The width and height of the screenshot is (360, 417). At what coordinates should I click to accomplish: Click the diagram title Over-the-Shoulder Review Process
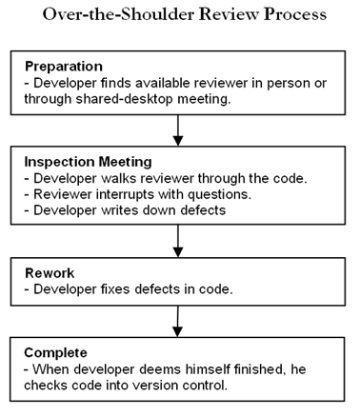point(180,16)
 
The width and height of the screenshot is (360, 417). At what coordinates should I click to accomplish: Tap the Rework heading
point(49,274)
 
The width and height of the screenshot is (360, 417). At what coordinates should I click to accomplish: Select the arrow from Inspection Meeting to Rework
point(179,237)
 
